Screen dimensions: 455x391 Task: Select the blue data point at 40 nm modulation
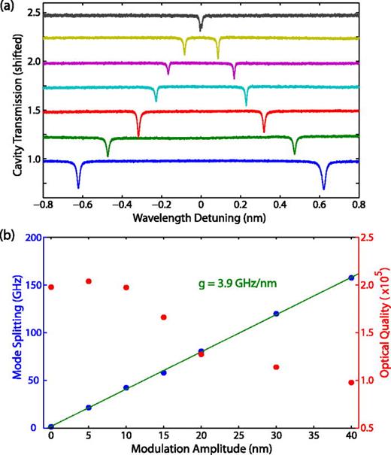pos(351,278)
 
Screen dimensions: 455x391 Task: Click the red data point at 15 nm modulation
pos(163,317)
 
